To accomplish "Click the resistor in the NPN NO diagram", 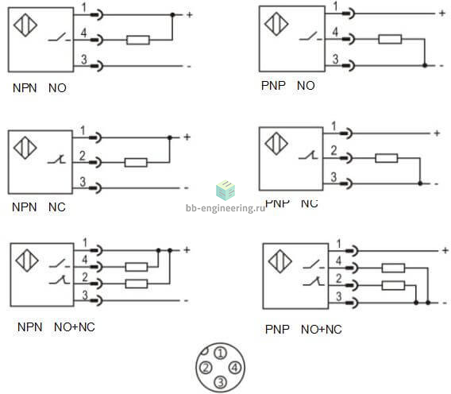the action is [x=138, y=40].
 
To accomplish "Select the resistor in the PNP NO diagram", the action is [x=390, y=39].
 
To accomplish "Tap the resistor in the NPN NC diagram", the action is [x=136, y=163].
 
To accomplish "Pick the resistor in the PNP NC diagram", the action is [x=387, y=158].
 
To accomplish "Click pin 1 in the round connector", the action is [x=221, y=353].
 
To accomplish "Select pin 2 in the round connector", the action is [x=206, y=368].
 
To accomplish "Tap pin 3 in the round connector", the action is [x=220, y=382].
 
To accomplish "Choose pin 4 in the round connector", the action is [x=235, y=368].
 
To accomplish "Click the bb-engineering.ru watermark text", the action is [x=225, y=208].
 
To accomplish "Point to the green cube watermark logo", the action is [x=225, y=190].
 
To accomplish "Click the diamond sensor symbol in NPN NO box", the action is [x=25, y=25].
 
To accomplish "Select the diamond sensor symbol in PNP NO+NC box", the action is [x=279, y=261].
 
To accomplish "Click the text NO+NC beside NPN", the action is [x=75, y=327].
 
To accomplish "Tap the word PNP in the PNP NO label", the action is [x=273, y=86].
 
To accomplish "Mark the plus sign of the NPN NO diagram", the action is [x=190, y=14].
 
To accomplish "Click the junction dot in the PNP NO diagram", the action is [x=425, y=66].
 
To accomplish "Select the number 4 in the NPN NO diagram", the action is [x=83, y=33].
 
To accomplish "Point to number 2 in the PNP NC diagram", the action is [x=333, y=150].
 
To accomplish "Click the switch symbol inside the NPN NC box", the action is [x=57, y=159].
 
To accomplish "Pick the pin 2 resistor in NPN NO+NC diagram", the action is [x=137, y=284].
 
